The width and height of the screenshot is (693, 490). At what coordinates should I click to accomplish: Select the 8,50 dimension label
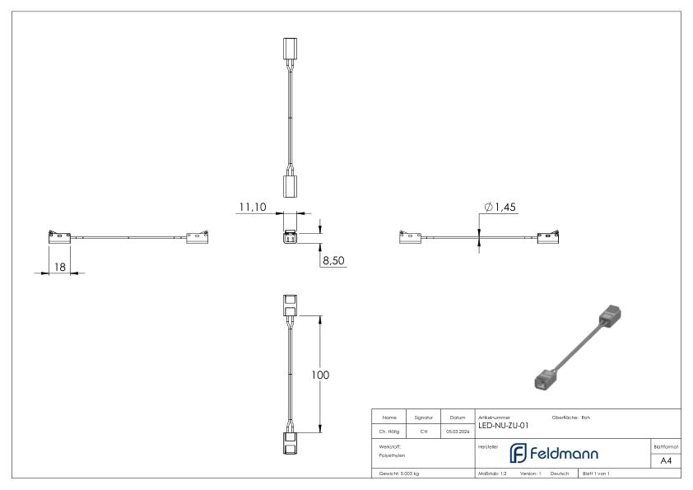point(333,260)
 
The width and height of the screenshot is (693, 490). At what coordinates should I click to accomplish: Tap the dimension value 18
point(60,266)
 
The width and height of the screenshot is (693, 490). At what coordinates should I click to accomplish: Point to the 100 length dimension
point(319,375)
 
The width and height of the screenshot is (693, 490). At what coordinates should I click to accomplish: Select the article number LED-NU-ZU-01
point(503,426)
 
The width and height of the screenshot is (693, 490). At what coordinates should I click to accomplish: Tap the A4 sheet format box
point(667,461)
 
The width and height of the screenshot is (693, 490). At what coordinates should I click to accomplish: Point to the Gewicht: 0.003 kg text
point(398,474)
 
